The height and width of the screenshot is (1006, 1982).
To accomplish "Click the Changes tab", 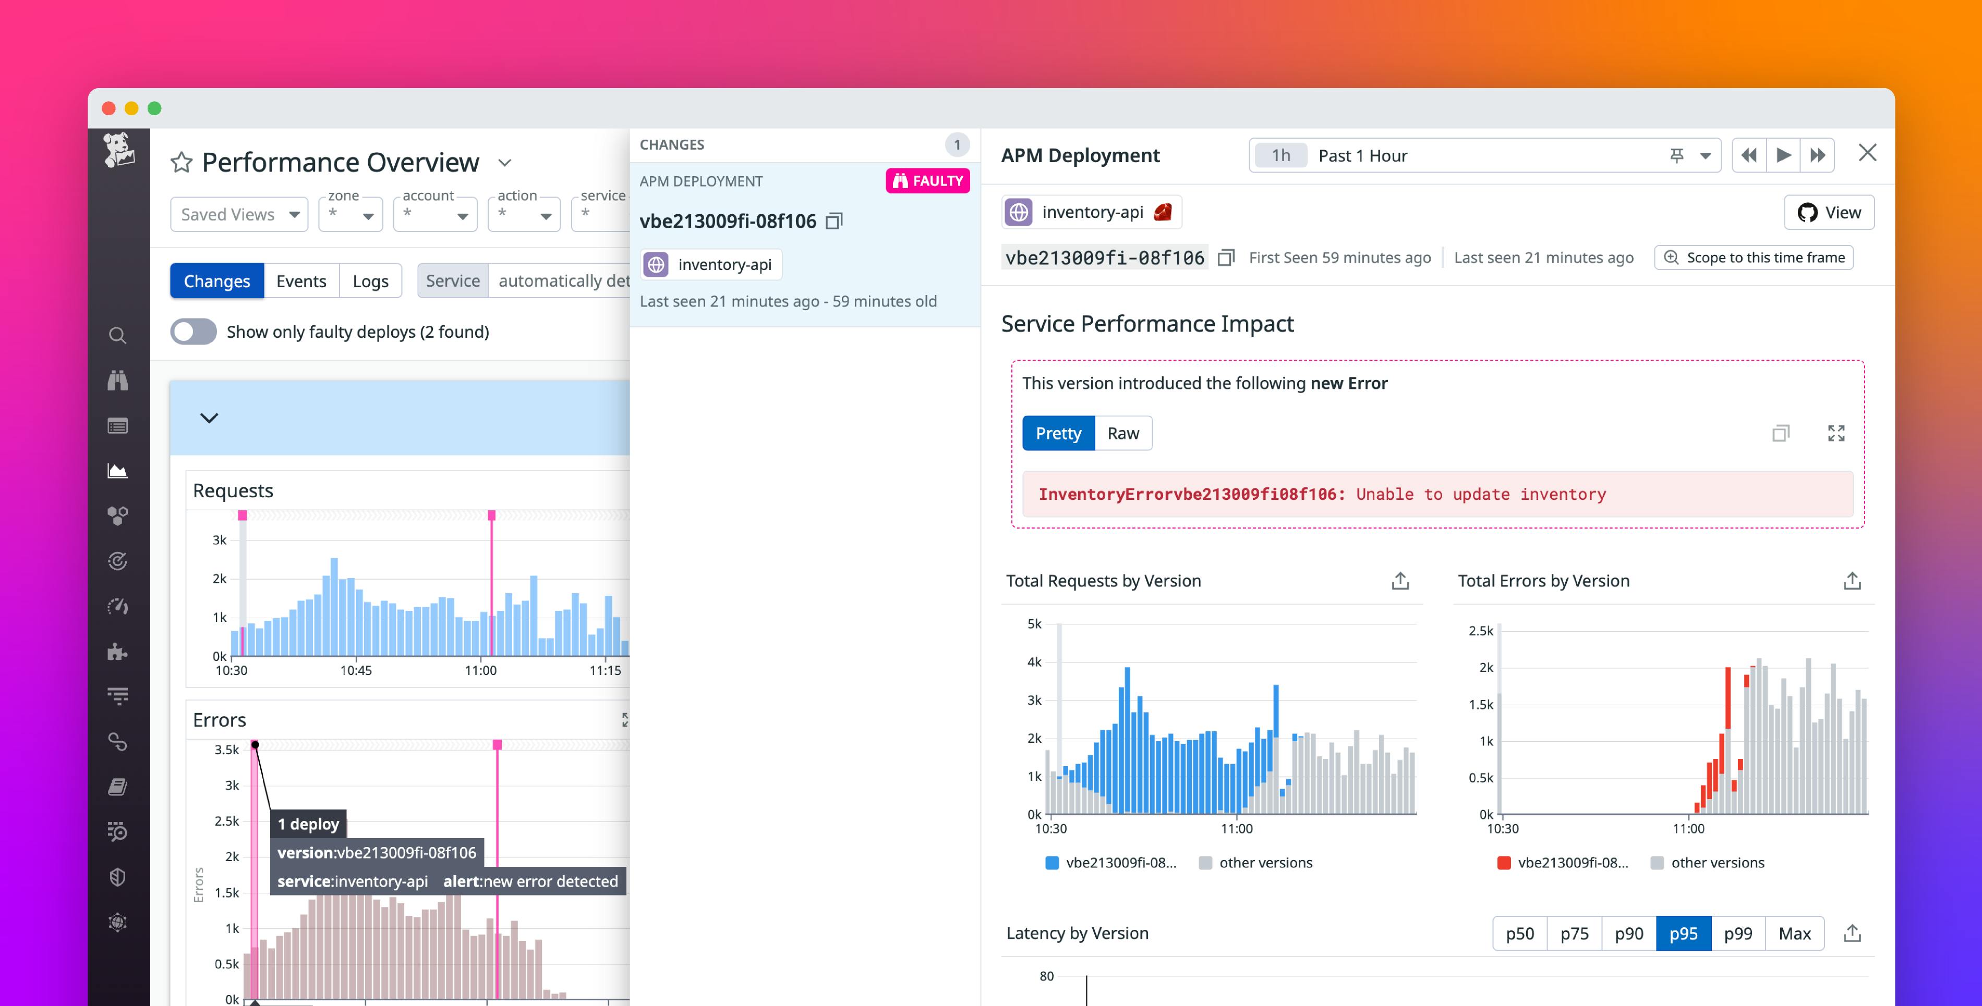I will (216, 281).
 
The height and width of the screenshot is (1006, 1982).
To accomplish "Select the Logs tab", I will (370, 281).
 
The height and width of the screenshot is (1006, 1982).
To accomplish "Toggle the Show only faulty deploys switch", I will (193, 332).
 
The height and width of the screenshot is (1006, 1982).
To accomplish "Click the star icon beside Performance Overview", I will (182, 162).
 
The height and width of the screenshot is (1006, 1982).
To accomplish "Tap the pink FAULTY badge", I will (927, 181).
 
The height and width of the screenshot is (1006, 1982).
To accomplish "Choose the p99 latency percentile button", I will (1737, 933).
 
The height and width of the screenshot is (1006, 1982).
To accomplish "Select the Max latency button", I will (1794, 933).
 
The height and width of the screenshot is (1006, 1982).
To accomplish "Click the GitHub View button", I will (1829, 212).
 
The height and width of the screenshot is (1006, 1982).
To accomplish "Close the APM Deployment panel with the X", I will (1867, 153).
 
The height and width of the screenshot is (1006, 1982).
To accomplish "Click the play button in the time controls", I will (1783, 155).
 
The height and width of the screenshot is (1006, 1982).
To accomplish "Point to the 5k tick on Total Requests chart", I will (1034, 624).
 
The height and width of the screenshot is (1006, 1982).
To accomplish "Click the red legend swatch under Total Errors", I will (1503, 862).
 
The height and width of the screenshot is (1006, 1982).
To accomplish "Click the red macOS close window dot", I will (108, 108).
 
